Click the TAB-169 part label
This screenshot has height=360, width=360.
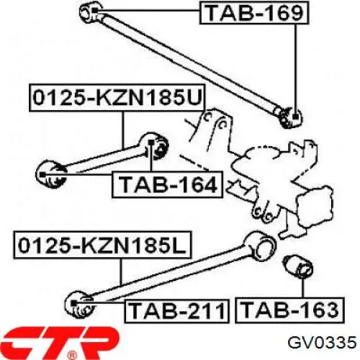(254, 13)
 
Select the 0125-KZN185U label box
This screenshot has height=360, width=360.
(117, 98)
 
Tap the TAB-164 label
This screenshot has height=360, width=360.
(168, 184)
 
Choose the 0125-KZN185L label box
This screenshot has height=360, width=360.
(103, 245)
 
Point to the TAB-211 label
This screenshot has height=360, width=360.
(177, 311)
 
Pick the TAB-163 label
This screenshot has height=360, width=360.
(290, 310)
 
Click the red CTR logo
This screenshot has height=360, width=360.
(60, 342)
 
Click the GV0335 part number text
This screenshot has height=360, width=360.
(322, 343)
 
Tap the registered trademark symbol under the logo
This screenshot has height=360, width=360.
(71, 356)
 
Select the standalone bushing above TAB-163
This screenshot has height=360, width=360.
(298, 267)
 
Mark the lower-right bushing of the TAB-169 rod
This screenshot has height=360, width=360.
(291, 118)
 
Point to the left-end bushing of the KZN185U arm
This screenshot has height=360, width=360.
(51, 174)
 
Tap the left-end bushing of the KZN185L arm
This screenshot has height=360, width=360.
(78, 305)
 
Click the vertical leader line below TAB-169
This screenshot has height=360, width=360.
(296, 69)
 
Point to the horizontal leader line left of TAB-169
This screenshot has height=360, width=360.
(148, 11)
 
